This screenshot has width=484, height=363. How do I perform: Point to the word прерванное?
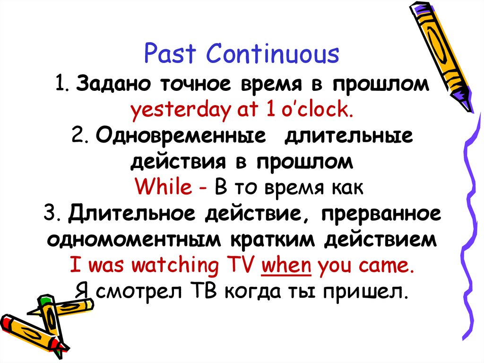[381, 214]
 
